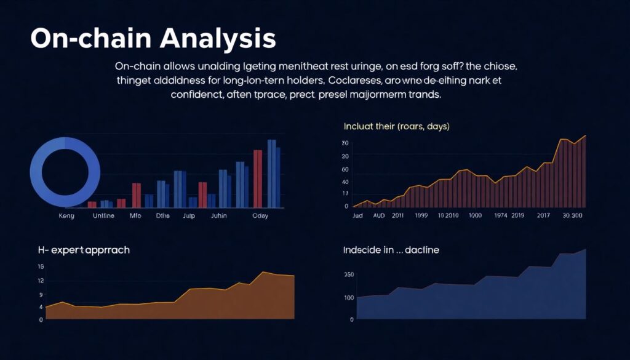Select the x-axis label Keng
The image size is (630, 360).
point(66,216)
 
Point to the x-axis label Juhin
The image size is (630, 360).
point(219,216)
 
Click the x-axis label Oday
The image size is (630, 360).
point(261,216)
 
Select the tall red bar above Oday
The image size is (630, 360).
point(258,178)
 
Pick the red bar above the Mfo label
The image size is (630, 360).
point(137,194)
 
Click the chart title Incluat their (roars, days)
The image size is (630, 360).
point(396,126)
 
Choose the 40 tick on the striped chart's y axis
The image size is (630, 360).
point(345,182)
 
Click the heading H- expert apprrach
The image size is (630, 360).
point(84,250)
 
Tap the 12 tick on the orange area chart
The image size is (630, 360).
point(41,281)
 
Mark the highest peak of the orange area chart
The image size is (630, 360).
point(263,272)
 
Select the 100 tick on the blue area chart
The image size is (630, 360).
point(349,298)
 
